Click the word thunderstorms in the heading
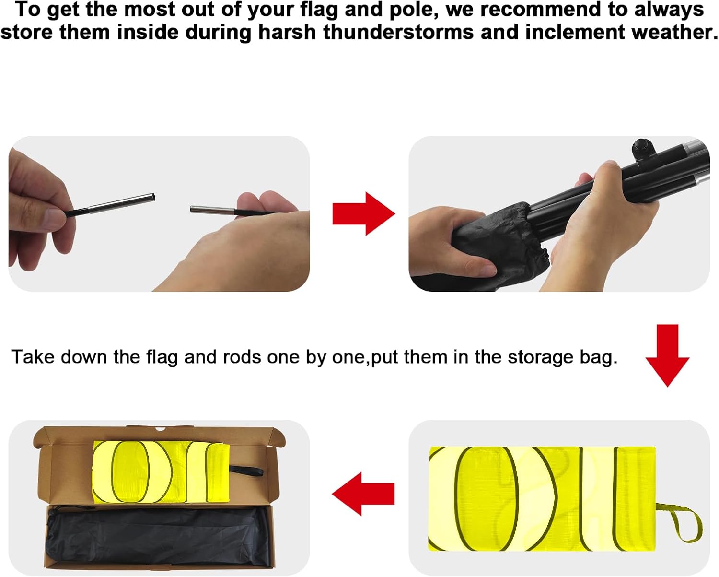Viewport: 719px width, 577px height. pyautogui.click(x=398, y=33)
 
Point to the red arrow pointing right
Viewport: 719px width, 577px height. pyautogui.click(x=363, y=213)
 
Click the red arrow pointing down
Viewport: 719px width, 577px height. pyautogui.click(x=667, y=355)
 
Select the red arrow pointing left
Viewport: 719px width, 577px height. pyautogui.click(x=363, y=494)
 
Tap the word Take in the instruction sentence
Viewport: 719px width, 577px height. pyautogui.click(x=33, y=356)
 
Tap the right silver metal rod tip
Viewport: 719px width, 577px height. pyautogui.click(x=212, y=210)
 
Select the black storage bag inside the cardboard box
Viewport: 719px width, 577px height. pyautogui.click(x=158, y=536)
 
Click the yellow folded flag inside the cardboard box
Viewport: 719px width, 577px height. pyautogui.click(x=161, y=472)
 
